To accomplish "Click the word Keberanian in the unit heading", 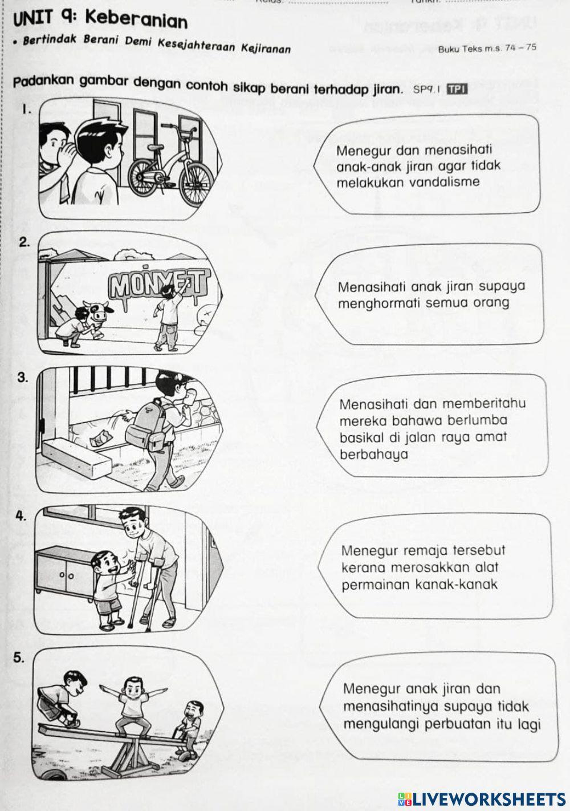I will [x=137, y=21].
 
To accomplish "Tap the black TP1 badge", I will [x=457, y=89].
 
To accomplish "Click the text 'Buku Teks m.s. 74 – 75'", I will [x=487, y=48].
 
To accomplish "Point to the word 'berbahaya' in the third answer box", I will [x=374, y=455].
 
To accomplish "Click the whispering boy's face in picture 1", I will [x=52, y=140].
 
